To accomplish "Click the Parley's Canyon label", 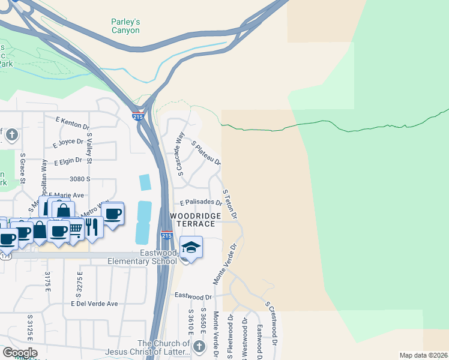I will (125, 26).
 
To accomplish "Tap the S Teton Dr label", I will (231, 204).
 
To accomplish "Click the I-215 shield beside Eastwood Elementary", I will (167, 236).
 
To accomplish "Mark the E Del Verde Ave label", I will (94, 304).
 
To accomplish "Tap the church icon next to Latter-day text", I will (199, 346).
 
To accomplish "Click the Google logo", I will (19, 353).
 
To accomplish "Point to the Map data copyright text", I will (423, 355).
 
